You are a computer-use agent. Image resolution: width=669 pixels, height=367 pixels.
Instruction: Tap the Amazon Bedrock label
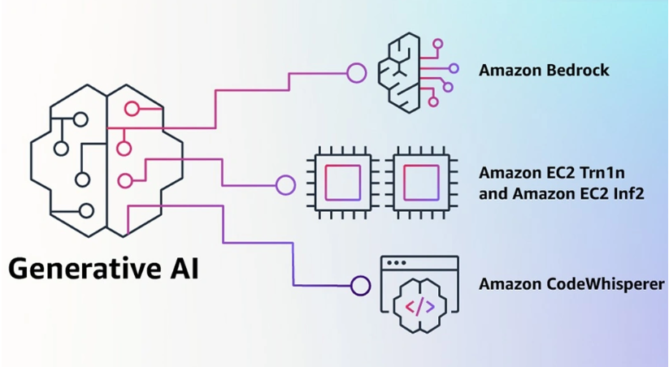tap(544, 70)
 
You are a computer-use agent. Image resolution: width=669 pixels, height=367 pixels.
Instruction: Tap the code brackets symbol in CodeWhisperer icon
tap(419, 306)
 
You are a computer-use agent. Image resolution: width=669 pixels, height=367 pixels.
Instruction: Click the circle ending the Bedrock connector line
tap(356, 73)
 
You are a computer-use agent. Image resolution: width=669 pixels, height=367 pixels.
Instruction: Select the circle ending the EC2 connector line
tap(285, 185)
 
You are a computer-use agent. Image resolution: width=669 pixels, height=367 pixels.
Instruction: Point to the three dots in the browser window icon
tap(397, 264)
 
